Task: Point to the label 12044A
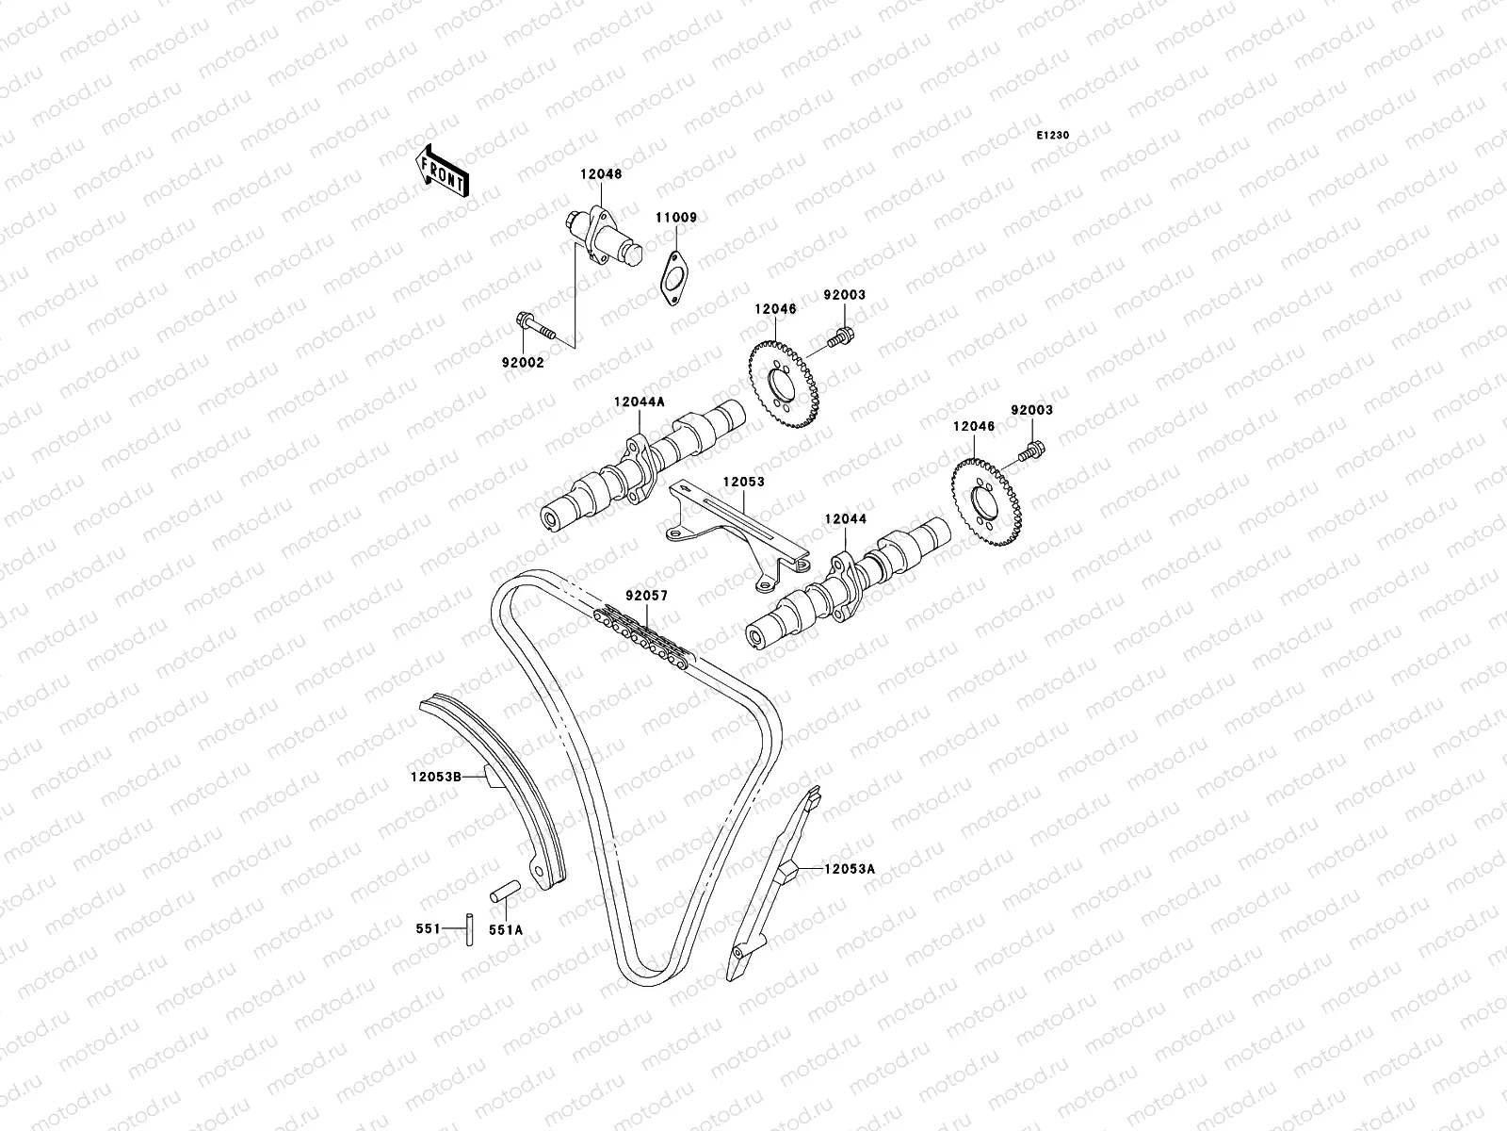click(639, 402)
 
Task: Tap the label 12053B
click(435, 778)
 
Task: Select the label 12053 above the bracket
click(743, 482)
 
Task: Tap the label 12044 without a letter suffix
click(845, 518)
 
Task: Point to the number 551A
click(505, 929)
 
